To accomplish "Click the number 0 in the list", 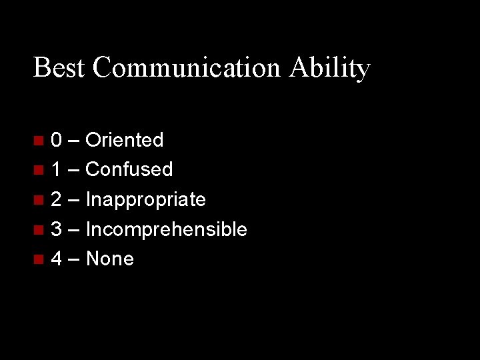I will tap(57, 140).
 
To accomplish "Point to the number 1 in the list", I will tap(57, 170).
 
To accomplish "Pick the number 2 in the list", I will tap(57, 200).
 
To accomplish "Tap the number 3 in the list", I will tap(57, 230).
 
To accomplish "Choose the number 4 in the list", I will tap(57, 259).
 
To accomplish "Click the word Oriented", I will tap(125, 140).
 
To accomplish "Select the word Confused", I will tap(129, 170).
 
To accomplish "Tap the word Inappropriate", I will tap(146, 200).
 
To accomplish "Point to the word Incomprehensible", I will tap(167, 230).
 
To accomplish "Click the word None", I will tap(110, 259).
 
